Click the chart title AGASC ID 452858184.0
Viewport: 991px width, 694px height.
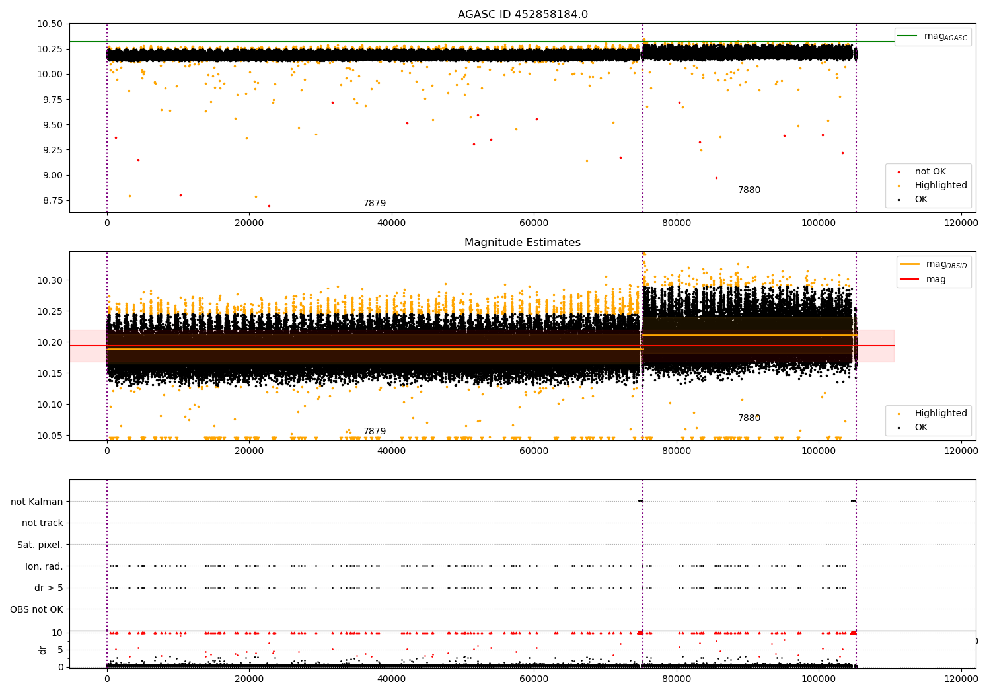[x=522, y=15]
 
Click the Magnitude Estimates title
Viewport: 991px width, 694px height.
[x=522, y=243]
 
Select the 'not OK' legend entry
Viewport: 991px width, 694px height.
[x=930, y=172]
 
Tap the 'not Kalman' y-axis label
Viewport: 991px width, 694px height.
[x=36, y=502]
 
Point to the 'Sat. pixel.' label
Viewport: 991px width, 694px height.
[x=40, y=545]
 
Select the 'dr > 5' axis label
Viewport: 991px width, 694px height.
[x=48, y=588]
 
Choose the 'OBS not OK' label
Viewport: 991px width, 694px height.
[x=36, y=609]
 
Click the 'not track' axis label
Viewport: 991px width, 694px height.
[x=42, y=523]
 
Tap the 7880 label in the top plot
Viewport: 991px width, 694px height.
[x=749, y=190]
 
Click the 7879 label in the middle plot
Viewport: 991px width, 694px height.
[x=374, y=432]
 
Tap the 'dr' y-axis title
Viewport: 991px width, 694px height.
[x=43, y=650]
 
